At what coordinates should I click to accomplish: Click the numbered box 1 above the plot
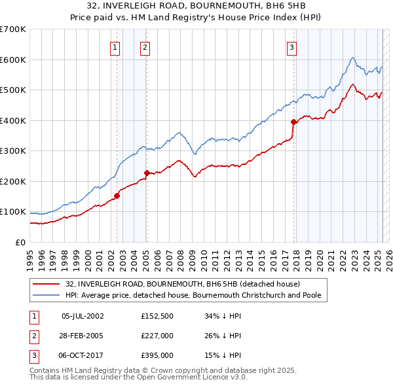pos(115,46)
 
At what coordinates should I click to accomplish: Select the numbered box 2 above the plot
pos(144,46)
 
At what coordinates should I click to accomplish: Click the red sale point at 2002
pos(117,196)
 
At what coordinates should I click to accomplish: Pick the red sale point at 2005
pos(147,173)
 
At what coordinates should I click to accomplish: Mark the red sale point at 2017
pos(293,122)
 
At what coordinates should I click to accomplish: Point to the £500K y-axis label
pos(12,90)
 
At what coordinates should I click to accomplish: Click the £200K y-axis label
pos(12,181)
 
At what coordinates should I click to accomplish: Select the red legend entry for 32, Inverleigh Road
pos(183,285)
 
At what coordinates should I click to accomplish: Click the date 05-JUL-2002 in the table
pos(83,315)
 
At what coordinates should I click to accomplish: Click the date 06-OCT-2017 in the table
pos(83,356)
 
